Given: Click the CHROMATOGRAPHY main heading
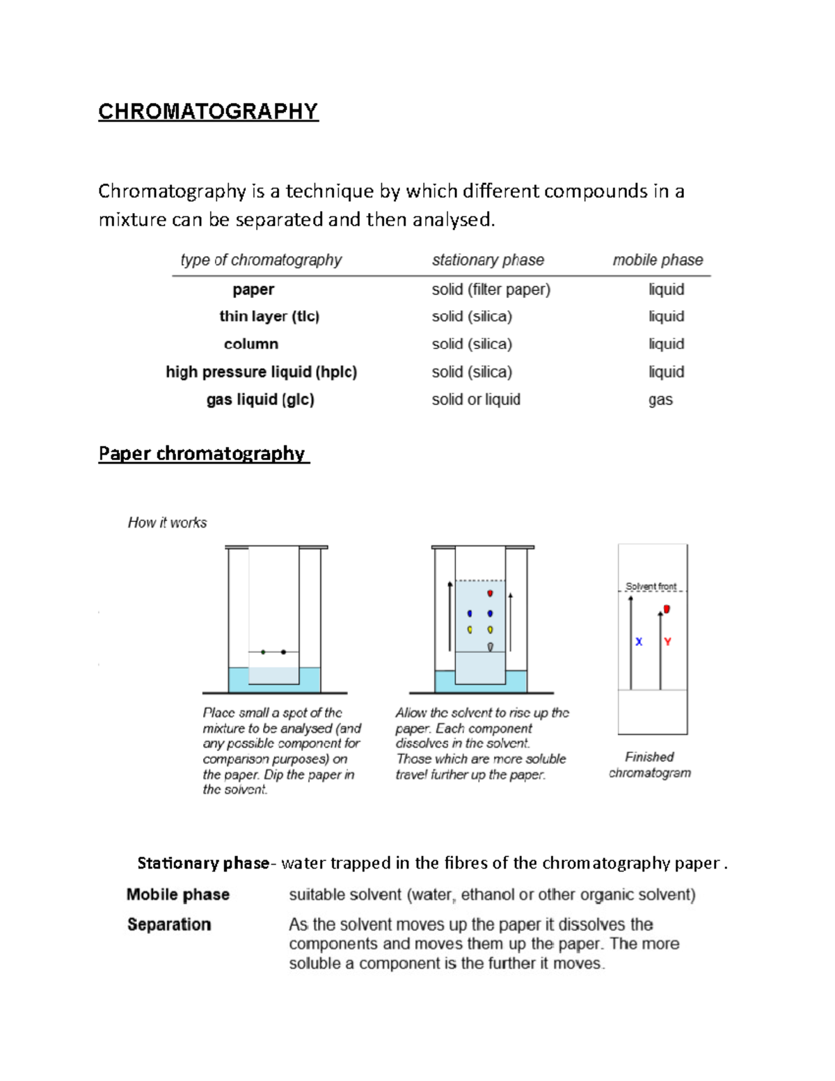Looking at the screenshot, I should [x=208, y=111].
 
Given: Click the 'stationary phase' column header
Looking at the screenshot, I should [x=488, y=260].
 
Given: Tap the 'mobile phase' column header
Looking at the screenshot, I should [x=658, y=260].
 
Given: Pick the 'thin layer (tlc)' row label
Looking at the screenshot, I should [x=269, y=317].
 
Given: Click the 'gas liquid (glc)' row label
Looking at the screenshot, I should [x=260, y=400].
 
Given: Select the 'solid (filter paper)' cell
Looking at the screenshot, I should [x=491, y=290].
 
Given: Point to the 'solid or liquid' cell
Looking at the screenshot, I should [x=476, y=400].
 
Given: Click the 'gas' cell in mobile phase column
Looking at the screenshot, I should [x=660, y=400].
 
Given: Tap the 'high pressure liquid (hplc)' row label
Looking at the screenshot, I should [x=261, y=372].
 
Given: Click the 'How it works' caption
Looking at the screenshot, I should [x=167, y=523].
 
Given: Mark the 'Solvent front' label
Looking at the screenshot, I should [x=651, y=586].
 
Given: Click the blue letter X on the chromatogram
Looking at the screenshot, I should [x=639, y=642].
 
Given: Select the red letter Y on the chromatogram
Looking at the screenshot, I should [x=667, y=642].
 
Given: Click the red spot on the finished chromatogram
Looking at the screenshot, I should [x=667, y=610].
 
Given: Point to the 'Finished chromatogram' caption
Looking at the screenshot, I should [x=649, y=765].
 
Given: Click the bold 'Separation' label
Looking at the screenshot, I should [x=169, y=924].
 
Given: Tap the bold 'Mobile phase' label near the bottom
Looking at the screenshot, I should [x=178, y=894].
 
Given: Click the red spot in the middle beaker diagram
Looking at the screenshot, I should [x=490, y=593].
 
